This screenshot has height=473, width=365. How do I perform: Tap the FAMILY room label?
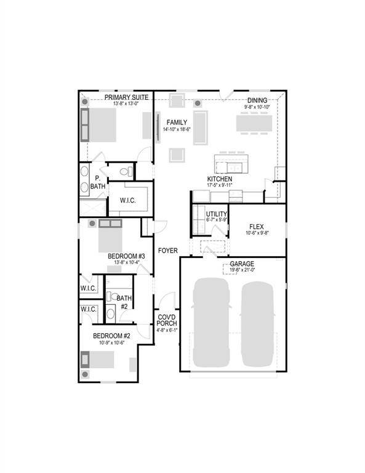coord(176,122)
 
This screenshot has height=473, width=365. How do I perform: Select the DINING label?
coord(257,100)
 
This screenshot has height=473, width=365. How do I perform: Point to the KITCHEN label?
coord(219,179)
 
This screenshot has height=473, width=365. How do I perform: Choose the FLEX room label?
coord(257,227)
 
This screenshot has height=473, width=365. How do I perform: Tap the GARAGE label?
coord(242,264)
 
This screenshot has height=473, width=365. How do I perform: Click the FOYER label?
coord(167,251)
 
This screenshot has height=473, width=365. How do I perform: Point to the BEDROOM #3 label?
coord(126,256)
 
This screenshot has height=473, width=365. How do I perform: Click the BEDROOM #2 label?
coord(111,336)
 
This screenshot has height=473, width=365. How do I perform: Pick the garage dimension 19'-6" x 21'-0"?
coord(242,270)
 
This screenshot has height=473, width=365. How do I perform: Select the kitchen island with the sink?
coord(232,164)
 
